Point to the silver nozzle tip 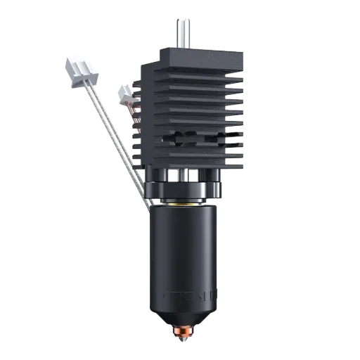pyautogui.click(x=184, y=335)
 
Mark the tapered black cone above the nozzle pyautogui.click(x=184, y=317)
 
